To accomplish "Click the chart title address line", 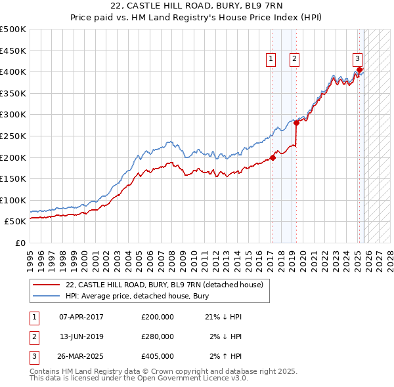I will click(197, 6).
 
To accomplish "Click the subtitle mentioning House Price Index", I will click(197, 18).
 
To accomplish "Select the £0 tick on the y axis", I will click(20, 243).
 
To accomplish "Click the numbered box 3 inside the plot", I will click(357, 58).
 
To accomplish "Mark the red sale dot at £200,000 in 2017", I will click(273, 157).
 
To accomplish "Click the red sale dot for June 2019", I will click(297, 123).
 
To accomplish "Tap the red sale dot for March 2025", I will click(360, 70).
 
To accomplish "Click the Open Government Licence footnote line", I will click(139, 378).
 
